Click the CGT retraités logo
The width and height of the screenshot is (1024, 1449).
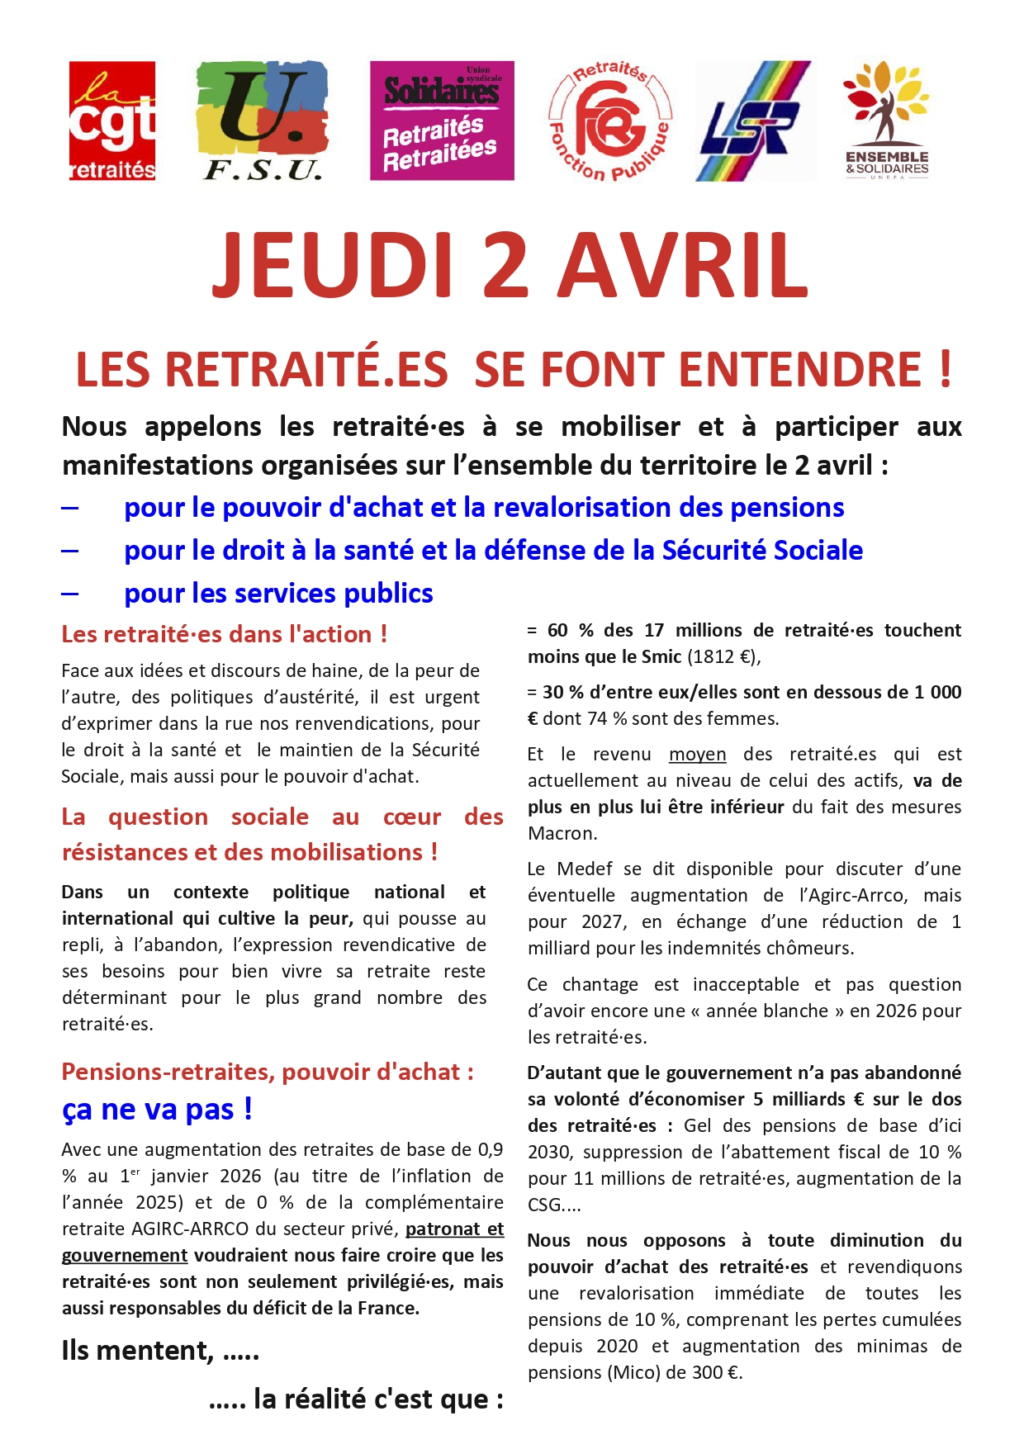tap(111, 121)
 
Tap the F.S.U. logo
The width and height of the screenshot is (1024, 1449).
tap(262, 121)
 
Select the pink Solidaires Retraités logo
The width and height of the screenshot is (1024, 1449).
tap(442, 121)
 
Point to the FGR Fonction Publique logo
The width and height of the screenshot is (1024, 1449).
tap(610, 121)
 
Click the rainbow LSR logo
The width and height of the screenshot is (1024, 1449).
tap(753, 121)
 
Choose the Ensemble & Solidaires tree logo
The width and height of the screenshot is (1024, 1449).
tap(886, 121)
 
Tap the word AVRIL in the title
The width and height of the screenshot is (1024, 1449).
tap(682, 266)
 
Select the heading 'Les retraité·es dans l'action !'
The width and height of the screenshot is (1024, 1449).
tap(224, 634)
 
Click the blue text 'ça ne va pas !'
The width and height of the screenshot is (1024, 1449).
tap(157, 1109)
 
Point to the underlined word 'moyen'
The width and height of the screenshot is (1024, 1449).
tap(697, 754)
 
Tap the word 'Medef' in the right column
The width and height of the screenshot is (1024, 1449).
tap(585, 869)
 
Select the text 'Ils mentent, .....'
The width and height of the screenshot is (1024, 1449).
tap(160, 1351)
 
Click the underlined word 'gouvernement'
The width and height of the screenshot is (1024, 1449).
tap(125, 1255)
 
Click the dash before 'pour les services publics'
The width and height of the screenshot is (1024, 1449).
tap(70, 594)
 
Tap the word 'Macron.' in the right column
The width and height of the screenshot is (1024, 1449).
tap(562, 833)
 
